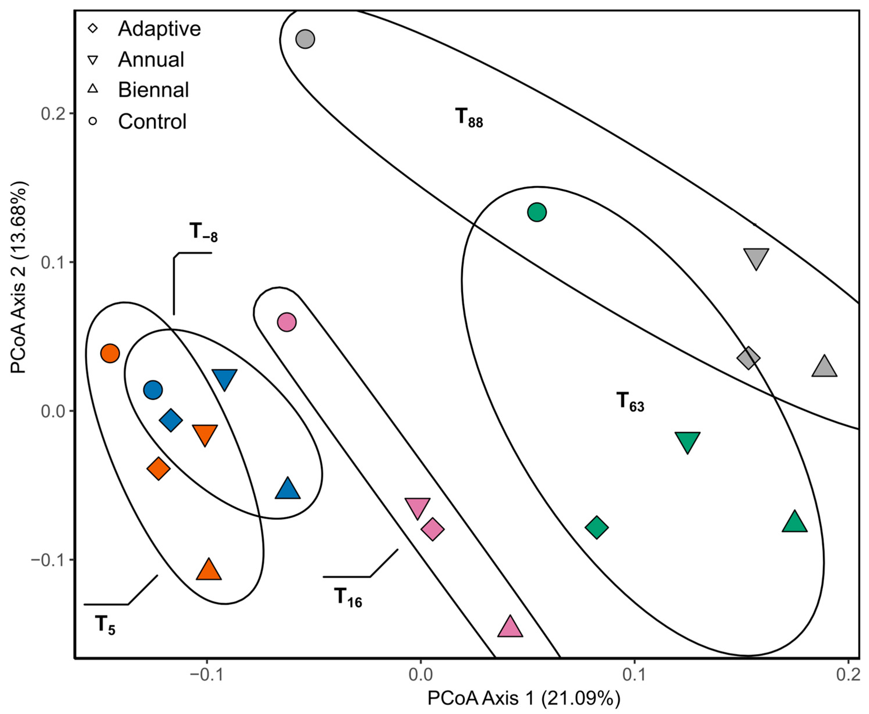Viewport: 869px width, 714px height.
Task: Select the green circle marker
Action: coord(537,212)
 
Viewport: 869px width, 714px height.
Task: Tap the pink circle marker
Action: coord(287,322)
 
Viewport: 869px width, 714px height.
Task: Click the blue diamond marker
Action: coord(171,420)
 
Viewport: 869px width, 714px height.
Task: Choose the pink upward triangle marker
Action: coord(510,628)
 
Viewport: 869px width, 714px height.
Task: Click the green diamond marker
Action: coord(597,527)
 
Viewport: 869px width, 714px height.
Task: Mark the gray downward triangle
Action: coord(756,258)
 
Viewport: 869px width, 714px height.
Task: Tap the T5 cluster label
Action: coord(105,625)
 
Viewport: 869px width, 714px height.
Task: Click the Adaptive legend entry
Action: coord(159,29)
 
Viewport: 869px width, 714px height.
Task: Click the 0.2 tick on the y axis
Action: coord(54,113)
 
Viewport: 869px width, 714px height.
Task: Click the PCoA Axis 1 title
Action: coord(523,699)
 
